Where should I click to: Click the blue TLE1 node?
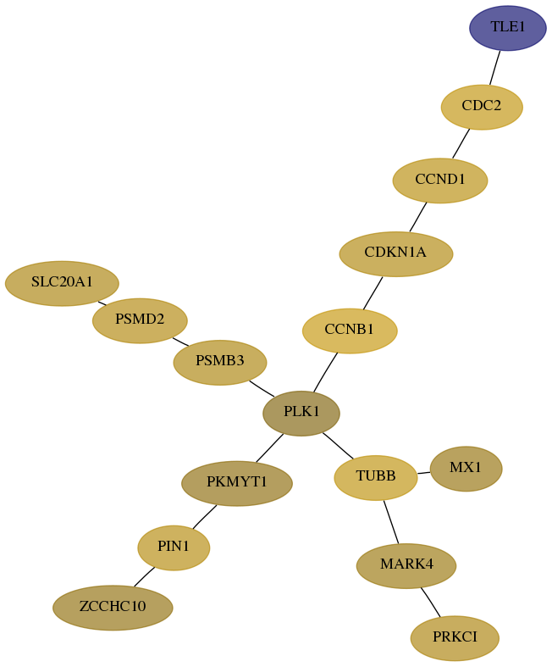[507, 28]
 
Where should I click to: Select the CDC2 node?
[482, 107]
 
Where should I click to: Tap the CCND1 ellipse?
[439, 181]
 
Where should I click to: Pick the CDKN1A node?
[396, 254]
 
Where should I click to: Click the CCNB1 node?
[350, 331]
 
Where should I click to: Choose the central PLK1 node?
[301, 414]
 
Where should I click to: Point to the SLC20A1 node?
[62, 283]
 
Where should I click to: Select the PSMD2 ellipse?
[140, 320]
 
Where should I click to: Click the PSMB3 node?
[220, 363]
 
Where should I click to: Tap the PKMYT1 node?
[237, 484]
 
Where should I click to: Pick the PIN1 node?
[174, 547]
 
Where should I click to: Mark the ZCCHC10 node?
[113, 608]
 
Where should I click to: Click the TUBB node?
[376, 478]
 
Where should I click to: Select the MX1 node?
[466, 469]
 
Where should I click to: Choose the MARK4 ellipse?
[406, 566]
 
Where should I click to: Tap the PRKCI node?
[455, 638]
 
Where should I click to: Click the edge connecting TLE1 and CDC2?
[495, 68]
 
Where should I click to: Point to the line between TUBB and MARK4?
[391, 522]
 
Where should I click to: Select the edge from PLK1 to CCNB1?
[325, 372]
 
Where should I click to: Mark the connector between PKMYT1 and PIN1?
[205, 517]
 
